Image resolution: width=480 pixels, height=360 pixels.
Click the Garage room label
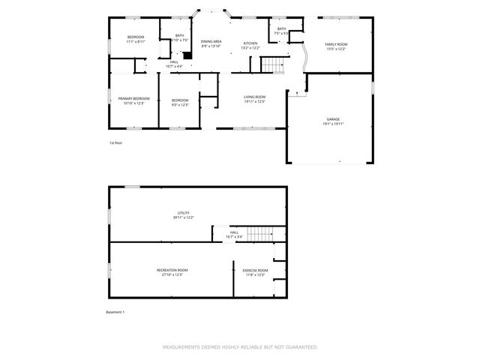point(332,119)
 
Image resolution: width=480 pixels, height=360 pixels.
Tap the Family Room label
point(336,44)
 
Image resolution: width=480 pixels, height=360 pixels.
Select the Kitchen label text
point(250,43)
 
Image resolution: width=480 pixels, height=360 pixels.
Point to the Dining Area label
point(211,41)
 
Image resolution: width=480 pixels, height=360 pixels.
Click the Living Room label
point(255,97)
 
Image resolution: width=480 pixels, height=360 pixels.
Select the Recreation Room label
point(172,270)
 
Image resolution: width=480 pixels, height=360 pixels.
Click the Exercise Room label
point(250,270)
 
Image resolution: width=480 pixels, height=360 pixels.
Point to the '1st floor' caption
point(115,142)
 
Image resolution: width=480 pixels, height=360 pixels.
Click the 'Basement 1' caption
point(115,312)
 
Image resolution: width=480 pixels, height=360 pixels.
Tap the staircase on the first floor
point(274,65)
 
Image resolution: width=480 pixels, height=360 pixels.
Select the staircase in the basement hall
point(260,235)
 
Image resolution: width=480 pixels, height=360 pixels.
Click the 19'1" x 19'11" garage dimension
point(332,124)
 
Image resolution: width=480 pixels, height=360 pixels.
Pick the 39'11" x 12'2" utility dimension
point(184,217)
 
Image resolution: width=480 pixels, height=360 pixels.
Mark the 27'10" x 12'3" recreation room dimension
point(172,275)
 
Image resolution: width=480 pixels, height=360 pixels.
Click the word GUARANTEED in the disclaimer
point(300,347)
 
